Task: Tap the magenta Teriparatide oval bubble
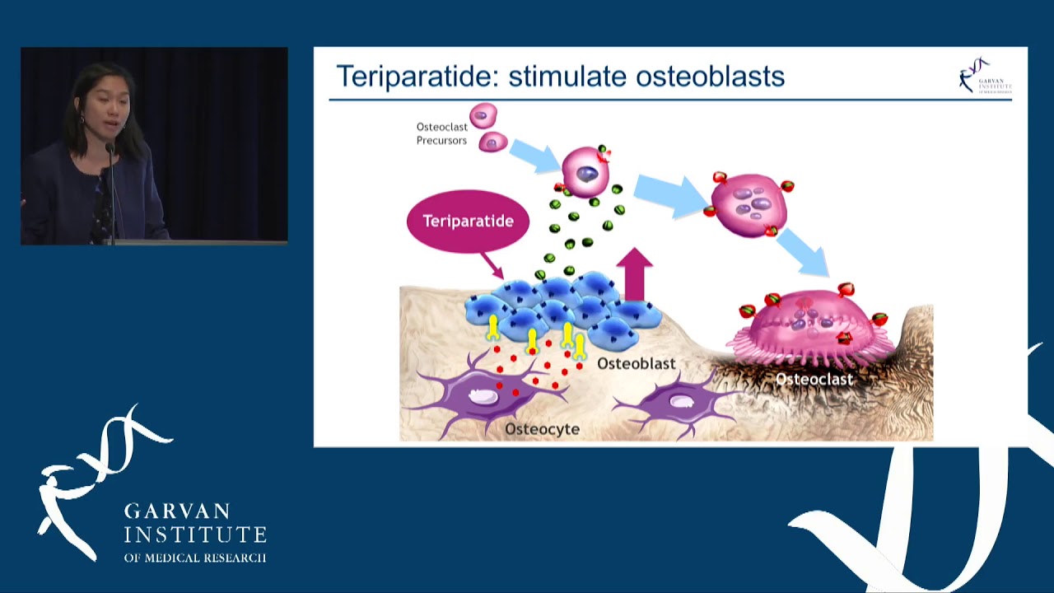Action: [x=468, y=221]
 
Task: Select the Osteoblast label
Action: [x=636, y=363]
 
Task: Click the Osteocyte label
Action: [x=542, y=429]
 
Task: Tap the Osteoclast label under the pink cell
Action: [x=814, y=379]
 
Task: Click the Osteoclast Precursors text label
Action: [x=441, y=133]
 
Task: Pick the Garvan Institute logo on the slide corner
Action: [x=985, y=76]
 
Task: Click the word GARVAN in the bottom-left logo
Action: [x=177, y=511]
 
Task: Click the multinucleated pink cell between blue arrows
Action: [x=749, y=204]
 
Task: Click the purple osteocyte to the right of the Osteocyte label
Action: [x=678, y=404]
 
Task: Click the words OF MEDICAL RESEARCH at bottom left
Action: [x=195, y=558]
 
